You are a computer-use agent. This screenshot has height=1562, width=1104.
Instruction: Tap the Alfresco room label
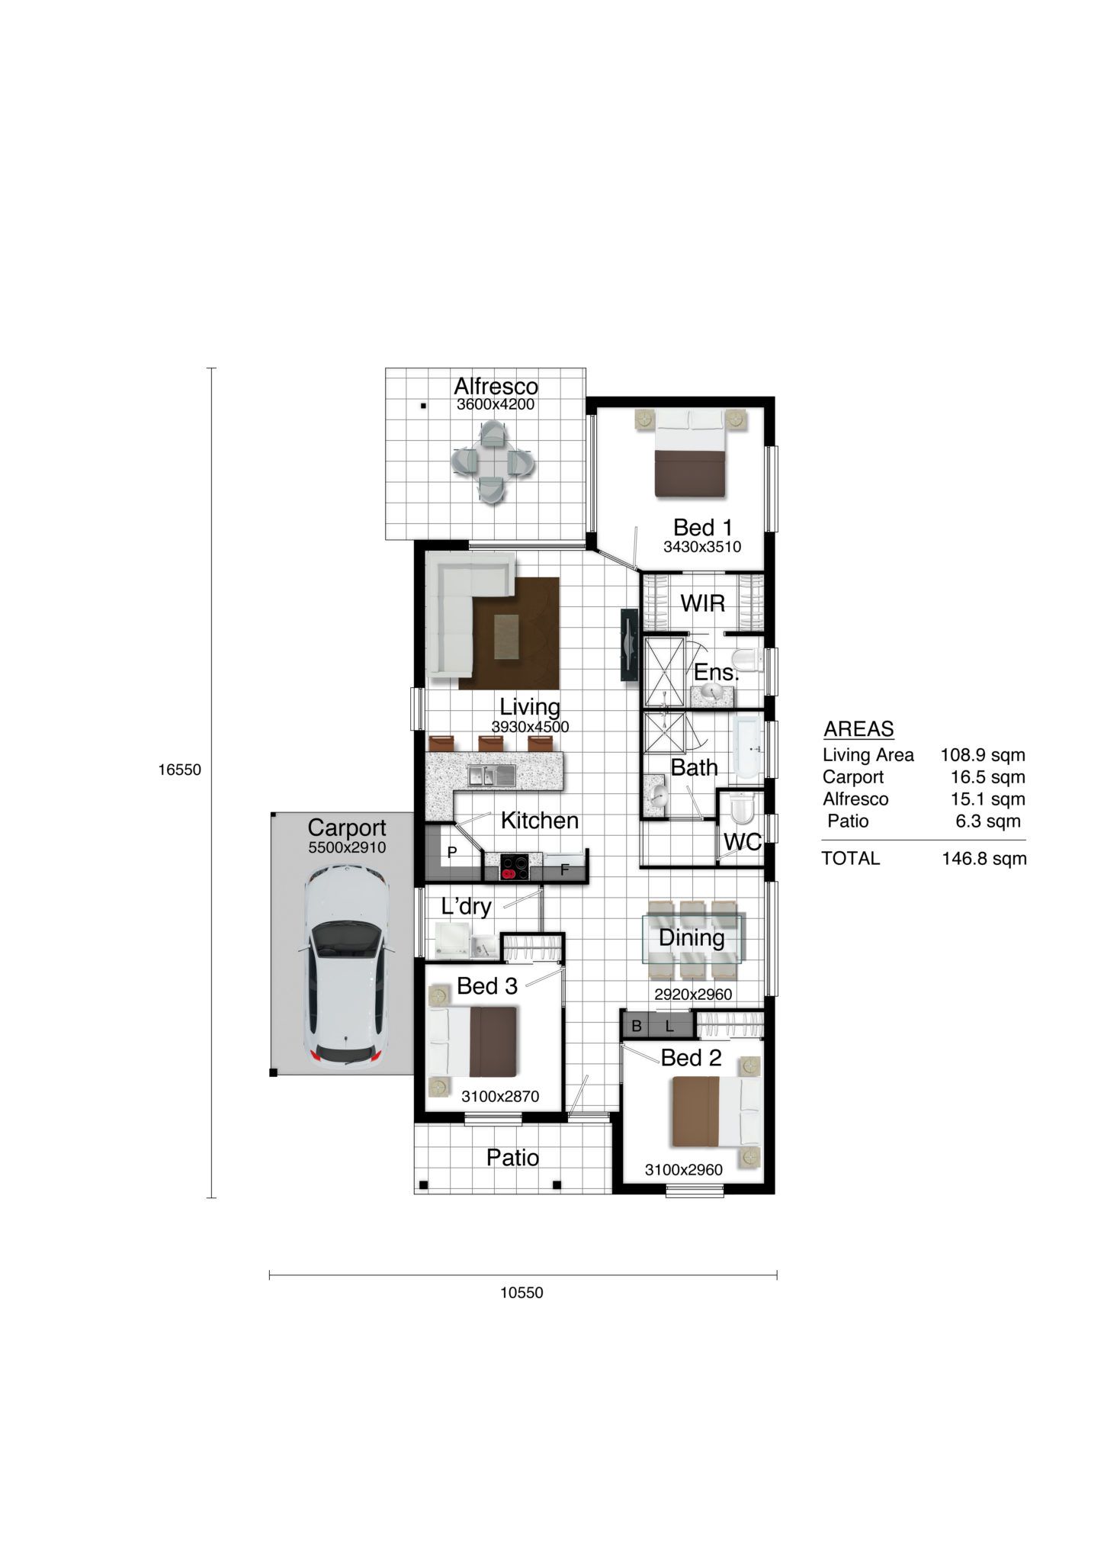click(x=496, y=386)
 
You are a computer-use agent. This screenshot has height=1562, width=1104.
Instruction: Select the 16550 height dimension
click(x=180, y=770)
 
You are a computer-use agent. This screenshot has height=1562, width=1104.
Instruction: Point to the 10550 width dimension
click(x=522, y=1293)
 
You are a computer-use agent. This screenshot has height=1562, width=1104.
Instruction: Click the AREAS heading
click(x=858, y=729)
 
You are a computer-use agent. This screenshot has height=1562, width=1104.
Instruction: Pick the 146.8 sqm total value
click(x=984, y=859)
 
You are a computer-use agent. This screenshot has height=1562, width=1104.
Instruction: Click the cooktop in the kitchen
click(x=515, y=866)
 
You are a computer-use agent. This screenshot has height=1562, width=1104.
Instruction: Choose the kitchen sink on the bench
click(x=492, y=776)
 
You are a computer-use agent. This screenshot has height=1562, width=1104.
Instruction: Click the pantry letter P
click(x=451, y=852)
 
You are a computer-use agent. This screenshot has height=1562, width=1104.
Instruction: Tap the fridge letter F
click(x=565, y=869)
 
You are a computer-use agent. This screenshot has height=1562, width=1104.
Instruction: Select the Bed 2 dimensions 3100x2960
click(x=684, y=1170)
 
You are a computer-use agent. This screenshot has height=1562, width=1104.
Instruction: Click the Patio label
click(x=512, y=1158)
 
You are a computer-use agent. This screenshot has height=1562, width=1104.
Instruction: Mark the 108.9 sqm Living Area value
click(x=983, y=755)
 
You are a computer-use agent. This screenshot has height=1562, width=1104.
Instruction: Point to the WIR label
click(x=702, y=603)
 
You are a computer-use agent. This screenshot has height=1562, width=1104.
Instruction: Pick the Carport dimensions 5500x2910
click(x=347, y=847)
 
